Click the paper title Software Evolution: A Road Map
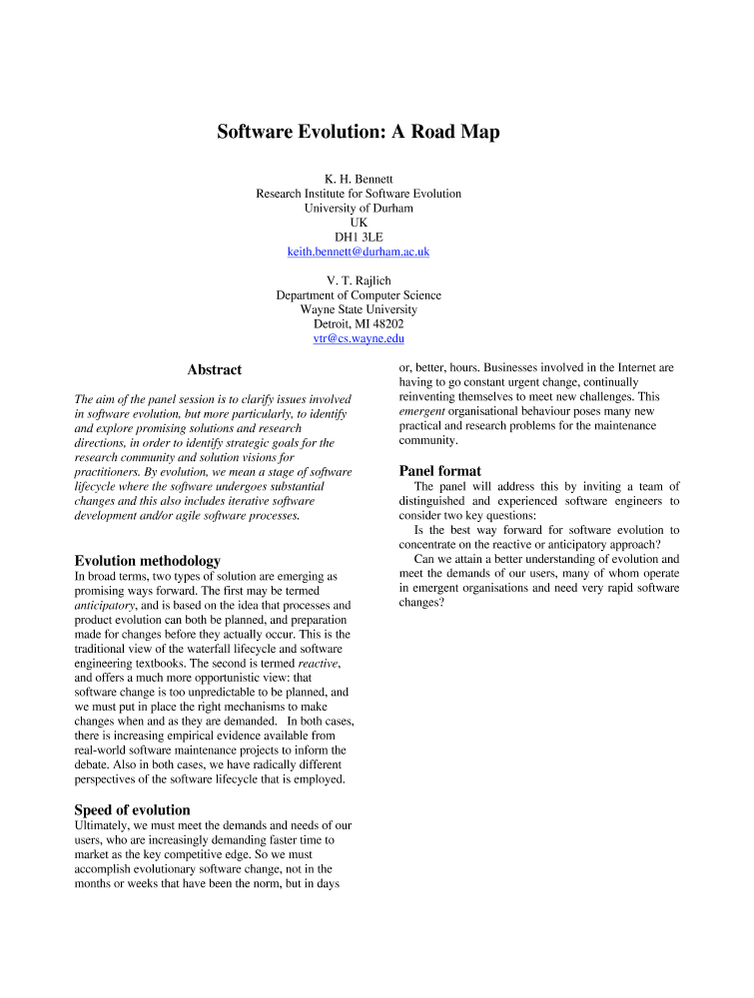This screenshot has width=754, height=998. tap(359, 132)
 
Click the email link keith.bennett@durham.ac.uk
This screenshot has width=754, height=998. tap(359, 252)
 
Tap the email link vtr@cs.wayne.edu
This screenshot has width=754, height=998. tap(359, 339)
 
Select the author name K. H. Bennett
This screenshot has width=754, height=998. tap(359, 179)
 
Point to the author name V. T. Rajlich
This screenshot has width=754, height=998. tap(359, 280)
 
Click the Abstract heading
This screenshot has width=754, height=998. tap(215, 370)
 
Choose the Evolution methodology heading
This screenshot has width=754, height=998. tap(148, 561)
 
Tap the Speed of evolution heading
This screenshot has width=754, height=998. tap(133, 809)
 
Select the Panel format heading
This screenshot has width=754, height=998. tap(440, 471)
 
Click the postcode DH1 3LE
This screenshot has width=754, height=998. tap(359, 238)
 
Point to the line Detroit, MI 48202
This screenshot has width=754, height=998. tap(359, 324)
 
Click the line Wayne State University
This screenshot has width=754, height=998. tap(359, 309)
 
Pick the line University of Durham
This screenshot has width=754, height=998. tap(359, 209)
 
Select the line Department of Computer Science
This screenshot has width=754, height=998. tap(359, 295)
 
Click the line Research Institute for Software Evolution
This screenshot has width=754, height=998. tap(359, 194)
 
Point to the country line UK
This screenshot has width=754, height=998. tap(359, 223)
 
